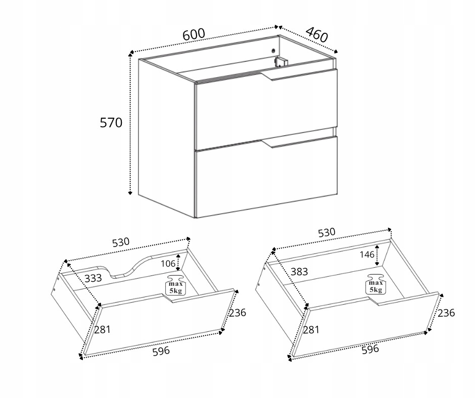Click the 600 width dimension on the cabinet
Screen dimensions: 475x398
[x=194, y=34]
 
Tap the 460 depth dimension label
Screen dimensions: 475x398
[x=317, y=34]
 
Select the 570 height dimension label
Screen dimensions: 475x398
[x=111, y=123]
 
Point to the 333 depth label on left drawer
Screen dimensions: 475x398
[x=93, y=278]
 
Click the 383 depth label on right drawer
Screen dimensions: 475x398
[x=299, y=272]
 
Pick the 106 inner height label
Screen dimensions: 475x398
[x=168, y=264]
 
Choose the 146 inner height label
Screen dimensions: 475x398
[x=367, y=255]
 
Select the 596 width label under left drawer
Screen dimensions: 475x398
[x=161, y=351]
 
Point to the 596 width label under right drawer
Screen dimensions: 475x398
[x=370, y=349]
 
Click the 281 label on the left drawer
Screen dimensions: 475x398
[x=102, y=329]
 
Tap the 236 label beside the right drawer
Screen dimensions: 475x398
[x=446, y=313]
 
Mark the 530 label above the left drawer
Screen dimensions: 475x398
[x=121, y=242]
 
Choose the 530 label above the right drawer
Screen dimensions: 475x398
[x=327, y=232]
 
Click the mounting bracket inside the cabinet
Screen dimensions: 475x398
[x=280, y=62]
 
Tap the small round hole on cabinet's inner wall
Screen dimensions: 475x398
[x=273, y=51]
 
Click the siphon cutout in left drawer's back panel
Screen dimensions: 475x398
[x=130, y=268]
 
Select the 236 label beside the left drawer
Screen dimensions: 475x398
[x=238, y=313]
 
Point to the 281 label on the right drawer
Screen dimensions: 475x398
[x=311, y=329]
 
